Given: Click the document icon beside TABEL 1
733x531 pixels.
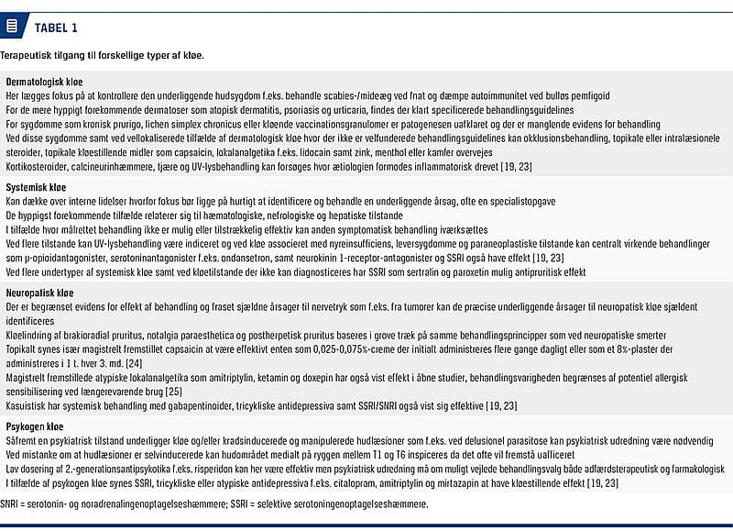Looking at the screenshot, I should pos(12,27).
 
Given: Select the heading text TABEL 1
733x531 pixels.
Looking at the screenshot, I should pos(55,27).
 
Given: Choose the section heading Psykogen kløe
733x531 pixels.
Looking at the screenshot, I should pos(35,426).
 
